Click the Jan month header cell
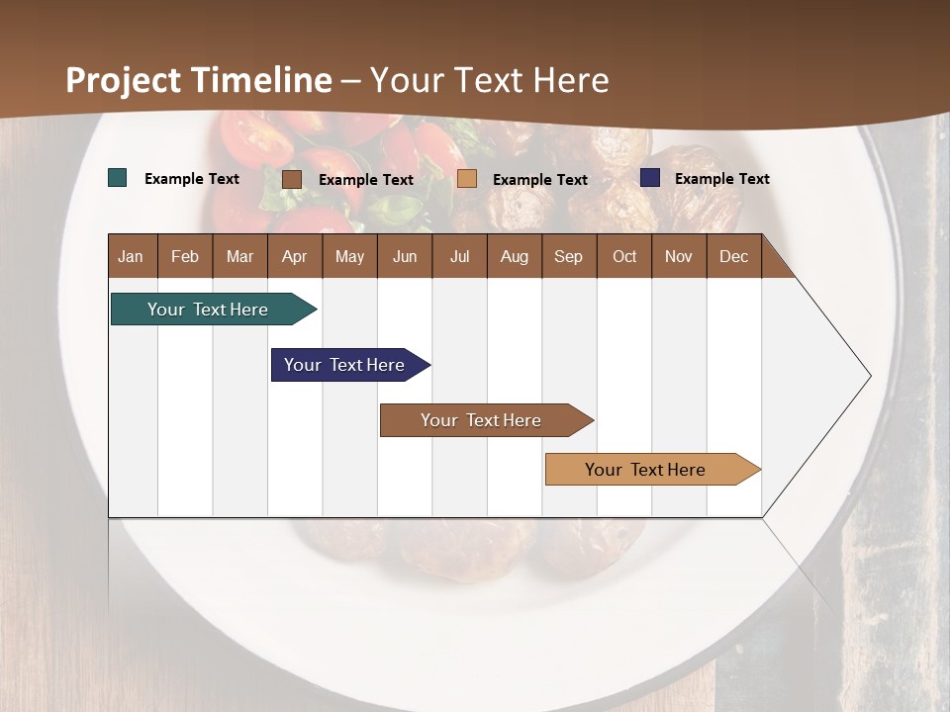coord(132,256)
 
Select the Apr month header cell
coord(294,256)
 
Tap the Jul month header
coord(459,256)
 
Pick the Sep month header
coord(568,256)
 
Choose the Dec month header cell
coord(733,256)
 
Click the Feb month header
coord(185,256)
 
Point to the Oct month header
coord(624,256)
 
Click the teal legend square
coord(118,178)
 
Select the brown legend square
coord(292,179)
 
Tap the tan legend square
coord(467,179)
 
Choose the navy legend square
coord(650,178)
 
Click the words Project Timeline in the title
coord(199,80)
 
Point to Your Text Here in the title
coord(490,80)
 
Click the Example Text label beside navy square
coord(721,179)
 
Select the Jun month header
coord(405,256)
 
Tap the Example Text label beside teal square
coord(192,179)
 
